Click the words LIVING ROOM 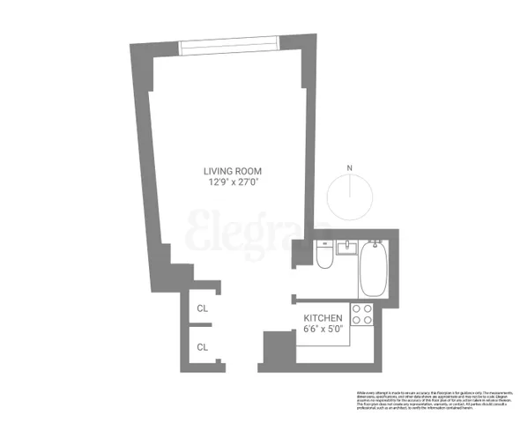233,171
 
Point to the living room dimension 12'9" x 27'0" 233,183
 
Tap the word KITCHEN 323,317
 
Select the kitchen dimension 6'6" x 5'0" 323,330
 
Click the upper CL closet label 203,308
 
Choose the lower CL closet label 203,347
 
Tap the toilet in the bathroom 323,257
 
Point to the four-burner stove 361,314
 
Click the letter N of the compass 350,167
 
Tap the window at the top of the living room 227,41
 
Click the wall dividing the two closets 201,328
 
